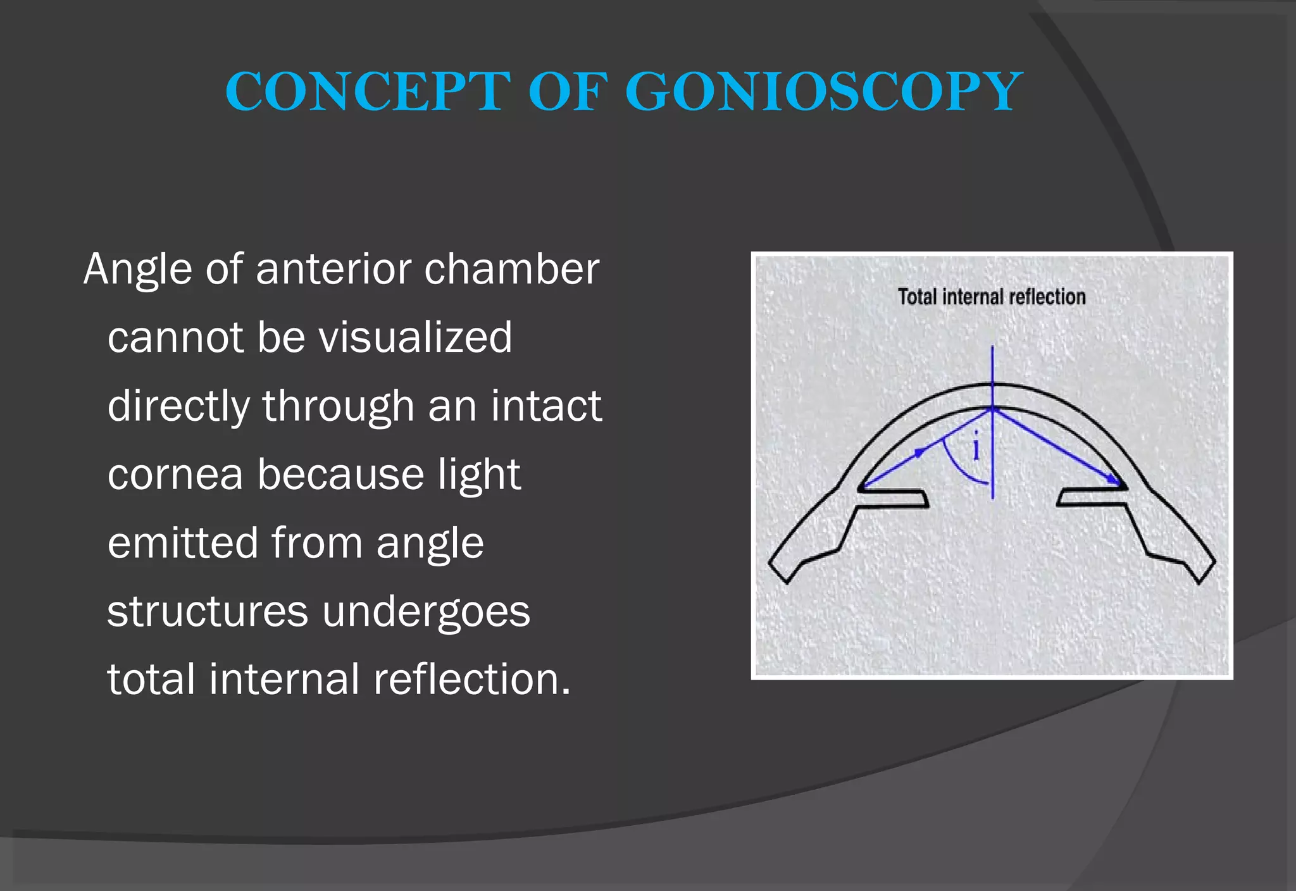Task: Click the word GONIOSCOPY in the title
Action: [823, 92]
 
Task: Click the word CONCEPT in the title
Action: [367, 92]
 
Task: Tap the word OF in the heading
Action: [568, 92]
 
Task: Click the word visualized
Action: [415, 337]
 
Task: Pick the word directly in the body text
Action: [178, 406]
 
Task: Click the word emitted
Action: [183, 543]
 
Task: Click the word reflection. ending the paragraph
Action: [471, 679]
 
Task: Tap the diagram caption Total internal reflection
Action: [992, 297]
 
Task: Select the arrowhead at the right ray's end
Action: [1112, 480]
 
